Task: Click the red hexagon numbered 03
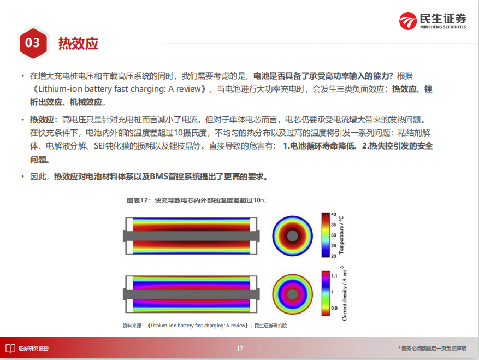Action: tap(33, 43)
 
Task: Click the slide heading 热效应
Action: tap(78, 43)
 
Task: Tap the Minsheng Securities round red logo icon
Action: tap(408, 21)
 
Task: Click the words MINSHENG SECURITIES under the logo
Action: tap(443, 27)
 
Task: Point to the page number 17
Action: tap(240, 349)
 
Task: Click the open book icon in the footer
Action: tap(10, 349)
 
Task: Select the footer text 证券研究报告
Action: tap(34, 349)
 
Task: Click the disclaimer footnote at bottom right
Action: tap(432, 349)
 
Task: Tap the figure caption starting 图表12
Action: tap(197, 200)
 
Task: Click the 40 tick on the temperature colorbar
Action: tap(334, 214)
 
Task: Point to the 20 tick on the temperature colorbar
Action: tap(334, 256)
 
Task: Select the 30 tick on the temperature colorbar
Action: tap(334, 235)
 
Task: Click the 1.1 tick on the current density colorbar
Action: tap(334, 276)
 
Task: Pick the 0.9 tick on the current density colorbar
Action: tap(334, 308)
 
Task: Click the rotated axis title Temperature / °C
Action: tap(341, 235)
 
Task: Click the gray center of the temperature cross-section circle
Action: tap(292, 236)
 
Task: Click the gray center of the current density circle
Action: tap(292, 294)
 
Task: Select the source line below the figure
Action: tap(205, 326)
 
